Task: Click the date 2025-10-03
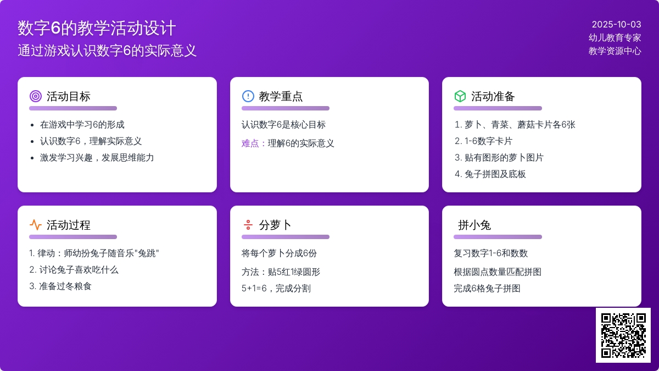click(616, 24)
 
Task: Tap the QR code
click(623, 335)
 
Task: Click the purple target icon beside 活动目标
click(36, 96)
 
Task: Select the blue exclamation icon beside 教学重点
click(248, 96)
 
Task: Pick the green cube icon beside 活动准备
click(460, 96)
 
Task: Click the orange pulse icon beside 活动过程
click(36, 225)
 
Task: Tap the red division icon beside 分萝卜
click(248, 225)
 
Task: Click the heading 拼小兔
click(474, 225)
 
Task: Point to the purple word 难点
click(250, 143)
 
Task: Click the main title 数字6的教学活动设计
click(97, 28)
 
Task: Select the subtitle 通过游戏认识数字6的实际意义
click(107, 51)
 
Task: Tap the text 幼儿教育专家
click(615, 38)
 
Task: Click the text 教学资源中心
click(615, 51)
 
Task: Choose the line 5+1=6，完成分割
click(276, 288)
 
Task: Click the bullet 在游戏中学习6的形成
click(82, 125)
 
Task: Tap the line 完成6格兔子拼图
click(487, 288)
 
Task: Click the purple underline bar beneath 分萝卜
click(286, 237)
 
